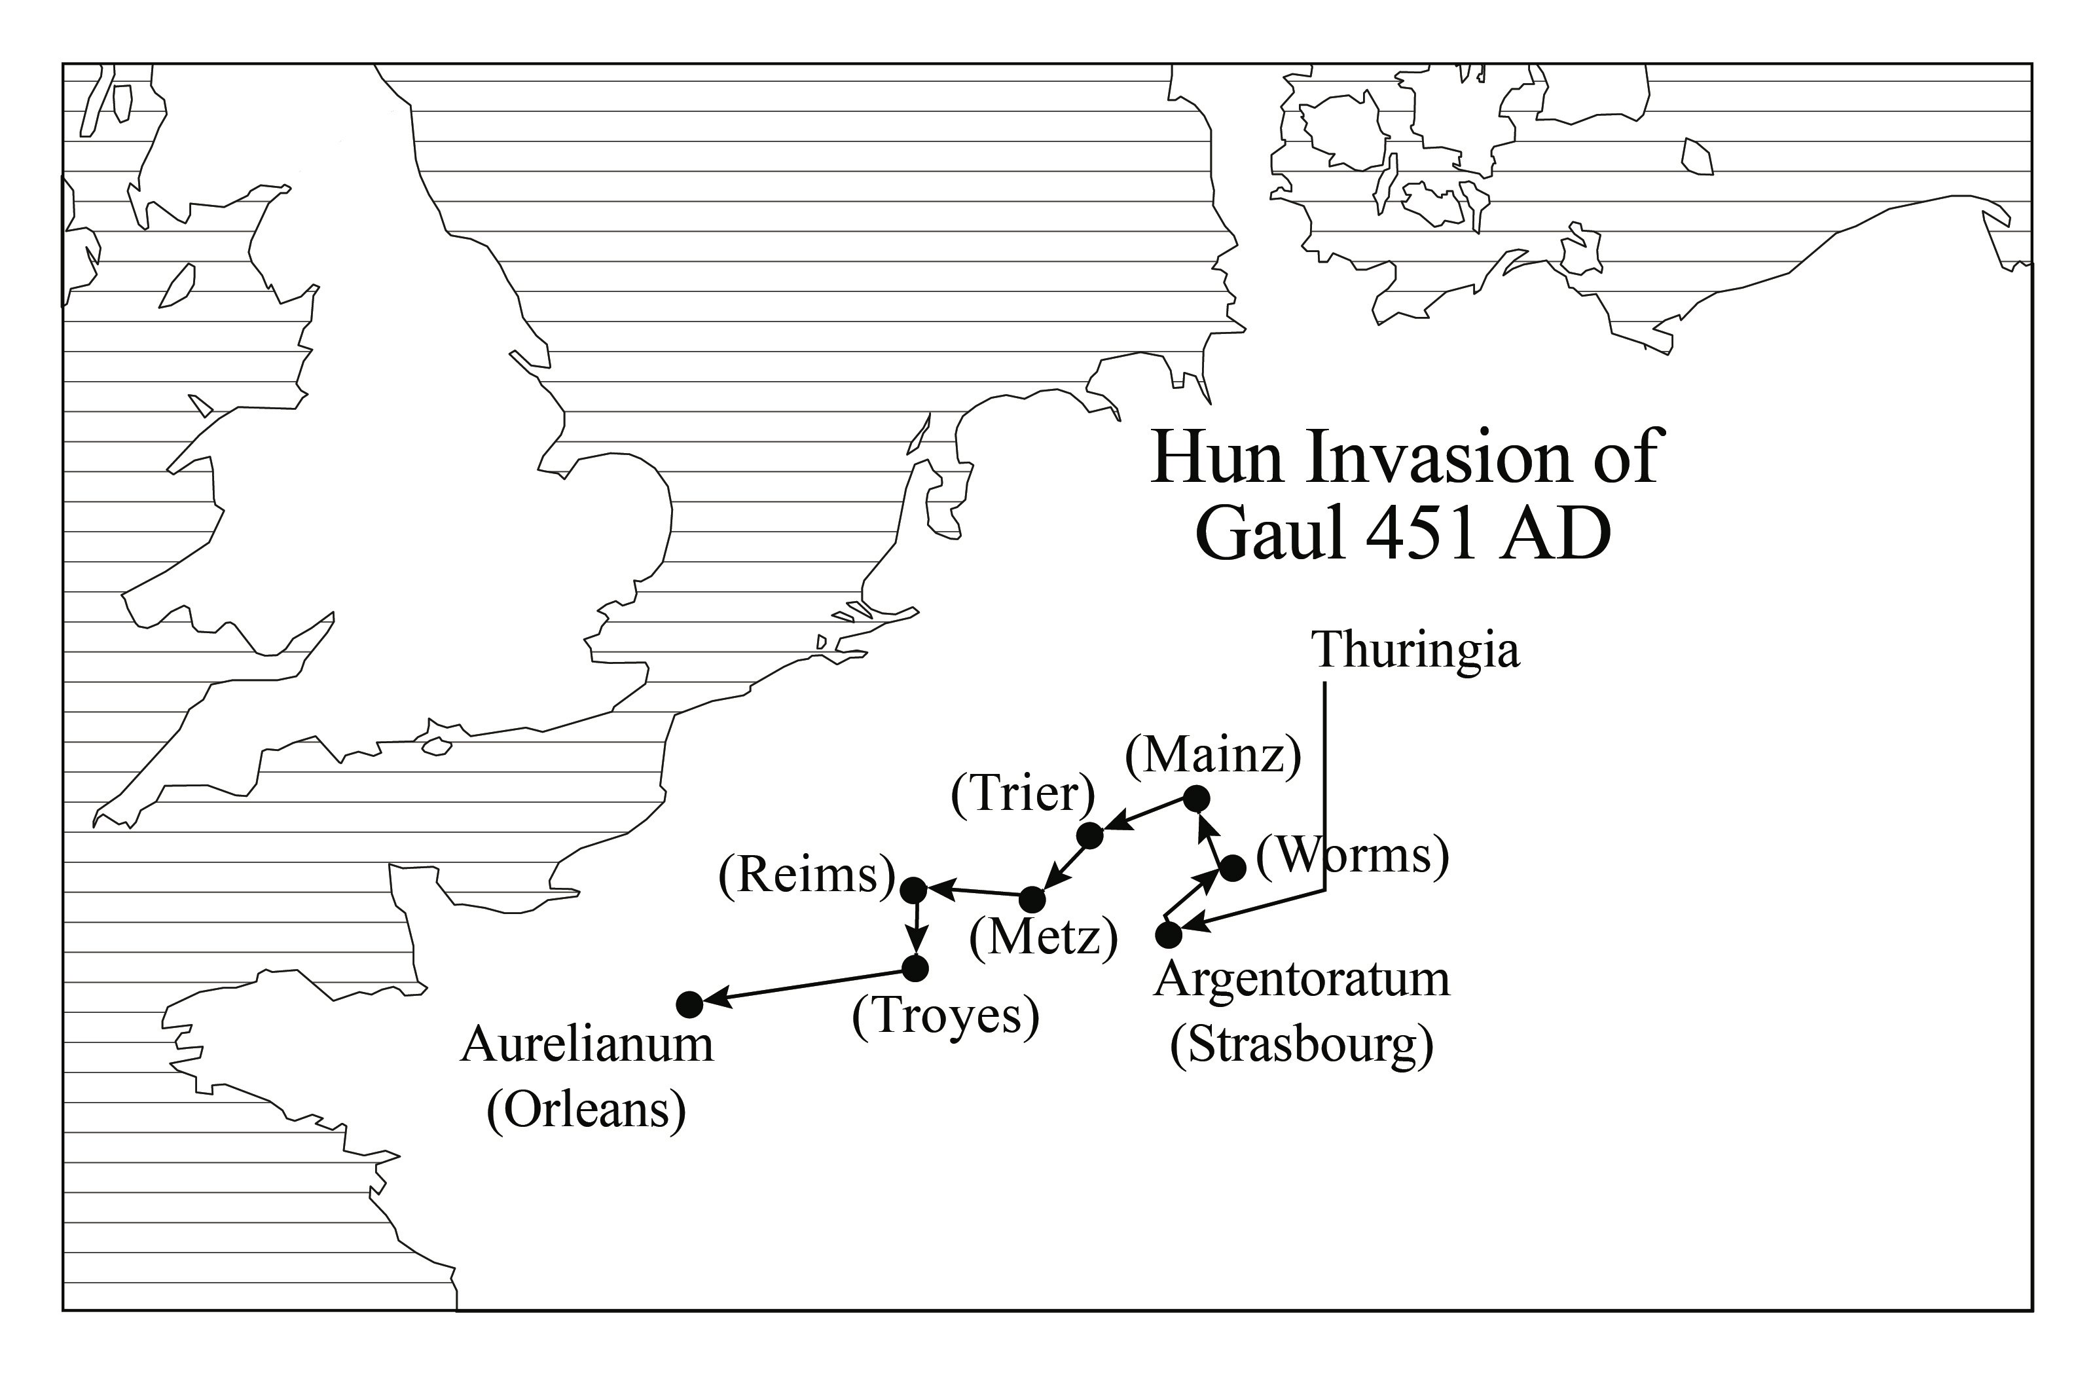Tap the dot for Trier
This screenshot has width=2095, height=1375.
coord(1090,835)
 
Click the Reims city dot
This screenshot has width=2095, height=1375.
coord(914,890)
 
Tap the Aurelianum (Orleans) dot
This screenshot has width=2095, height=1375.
coord(689,1004)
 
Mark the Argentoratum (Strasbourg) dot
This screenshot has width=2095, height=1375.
coord(1168,934)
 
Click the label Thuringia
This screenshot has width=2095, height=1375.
coord(1415,651)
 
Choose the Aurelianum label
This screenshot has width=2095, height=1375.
coord(586,1045)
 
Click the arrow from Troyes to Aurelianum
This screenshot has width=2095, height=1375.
coord(803,987)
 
